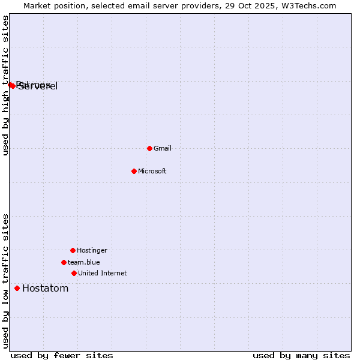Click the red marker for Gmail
click(x=149, y=148)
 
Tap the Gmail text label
click(x=163, y=149)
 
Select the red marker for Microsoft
click(x=134, y=171)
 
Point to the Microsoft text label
click(x=152, y=172)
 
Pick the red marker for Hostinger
click(x=73, y=250)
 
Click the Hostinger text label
click(x=92, y=251)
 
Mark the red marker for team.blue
click(x=64, y=262)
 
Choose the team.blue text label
click(x=84, y=263)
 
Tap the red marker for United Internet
click(x=74, y=273)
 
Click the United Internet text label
click(x=103, y=274)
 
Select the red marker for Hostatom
click(x=17, y=288)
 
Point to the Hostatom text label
click(x=46, y=289)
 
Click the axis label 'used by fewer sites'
click(x=62, y=355)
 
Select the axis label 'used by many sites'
click(x=301, y=355)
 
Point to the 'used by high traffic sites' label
click(x=6, y=85)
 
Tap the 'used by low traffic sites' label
click(x=6, y=281)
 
